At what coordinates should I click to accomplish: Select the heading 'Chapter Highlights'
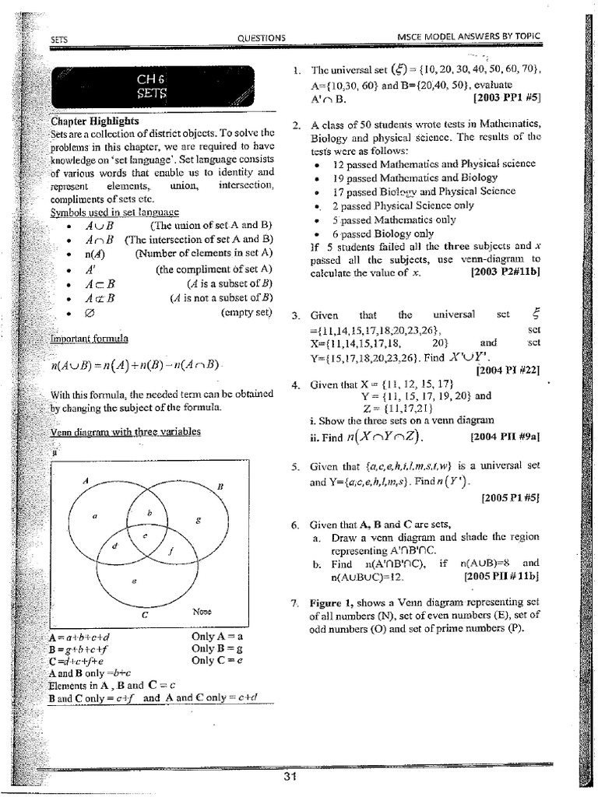94,121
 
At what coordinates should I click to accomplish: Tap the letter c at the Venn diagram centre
144,536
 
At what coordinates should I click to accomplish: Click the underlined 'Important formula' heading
90,339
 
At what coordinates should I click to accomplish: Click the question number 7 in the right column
296,603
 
